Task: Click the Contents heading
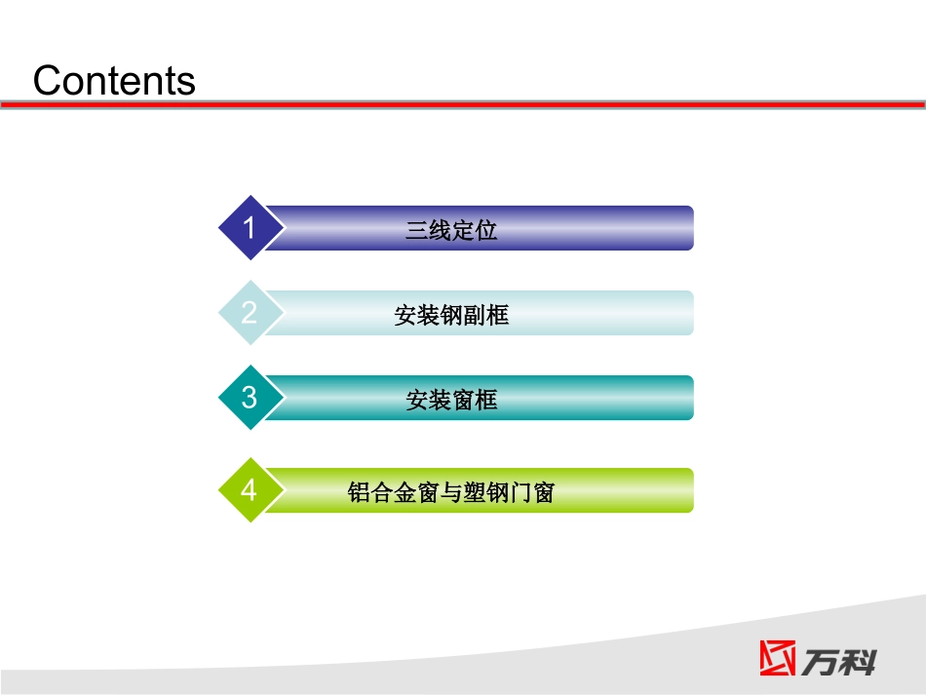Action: (x=114, y=80)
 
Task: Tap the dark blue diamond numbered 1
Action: (x=250, y=228)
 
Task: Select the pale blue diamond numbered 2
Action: (x=250, y=313)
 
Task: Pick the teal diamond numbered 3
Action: (x=250, y=398)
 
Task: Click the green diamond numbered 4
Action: (x=250, y=489)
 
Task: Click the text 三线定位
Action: (x=451, y=230)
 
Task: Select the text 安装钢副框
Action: (x=451, y=315)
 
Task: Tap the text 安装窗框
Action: (x=451, y=400)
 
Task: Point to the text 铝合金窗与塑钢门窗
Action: (x=451, y=492)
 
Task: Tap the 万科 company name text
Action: (x=839, y=659)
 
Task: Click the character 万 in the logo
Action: (x=821, y=659)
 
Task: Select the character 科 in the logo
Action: (x=858, y=659)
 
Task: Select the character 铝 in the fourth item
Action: (x=358, y=492)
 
